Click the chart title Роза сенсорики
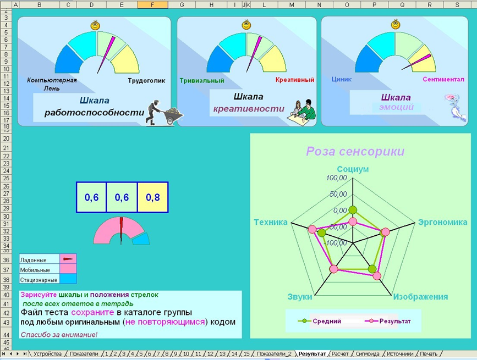click(355, 151)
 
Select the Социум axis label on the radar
click(353, 169)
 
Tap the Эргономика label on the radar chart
click(442, 222)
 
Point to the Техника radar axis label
click(271, 222)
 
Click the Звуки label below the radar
click(300, 297)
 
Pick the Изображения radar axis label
click(420, 297)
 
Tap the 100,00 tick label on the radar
click(336, 178)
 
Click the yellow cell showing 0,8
click(153, 197)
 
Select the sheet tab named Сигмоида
click(367, 353)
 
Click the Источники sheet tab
click(399, 353)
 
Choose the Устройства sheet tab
click(48, 353)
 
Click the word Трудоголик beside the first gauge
click(146, 80)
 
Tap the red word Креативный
click(294, 80)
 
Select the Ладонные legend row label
click(34, 259)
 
